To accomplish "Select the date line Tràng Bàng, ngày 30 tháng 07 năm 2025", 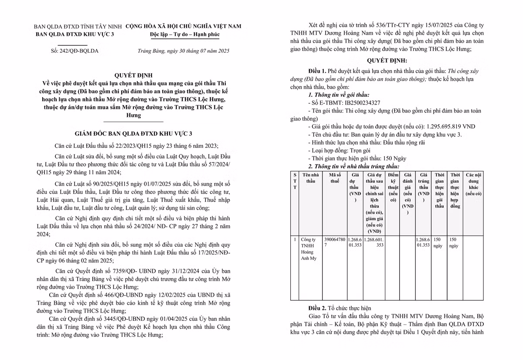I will click(x=180, y=51).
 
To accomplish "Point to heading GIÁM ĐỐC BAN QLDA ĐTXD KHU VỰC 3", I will click(x=131, y=133).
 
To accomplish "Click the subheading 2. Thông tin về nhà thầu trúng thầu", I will click(x=353, y=166).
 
